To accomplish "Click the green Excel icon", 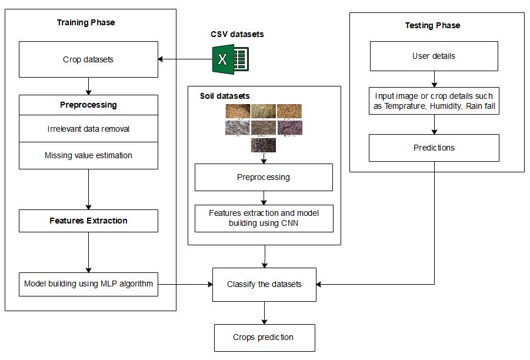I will click(229, 59).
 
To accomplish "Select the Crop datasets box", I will click(88, 59).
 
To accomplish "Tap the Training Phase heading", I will click(86, 22).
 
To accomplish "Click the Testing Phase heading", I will click(432, 25).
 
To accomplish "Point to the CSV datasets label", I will click(237, 34).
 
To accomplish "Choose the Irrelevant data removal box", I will click(88, 129).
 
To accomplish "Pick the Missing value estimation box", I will click(88, 155).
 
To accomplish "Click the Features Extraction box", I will click(88, 221).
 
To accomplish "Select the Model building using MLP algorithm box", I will click(88, 284).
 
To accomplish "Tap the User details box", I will click(434, 56).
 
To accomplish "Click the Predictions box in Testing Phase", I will click(434, 148).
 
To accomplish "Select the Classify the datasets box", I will click(264, 285).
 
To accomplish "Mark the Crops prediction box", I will click(264, 338).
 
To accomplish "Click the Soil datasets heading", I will click(225, 95).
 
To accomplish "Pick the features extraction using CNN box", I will click(264, 218).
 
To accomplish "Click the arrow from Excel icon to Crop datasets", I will click(185, 59).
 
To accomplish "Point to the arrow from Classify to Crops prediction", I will click(264, 312).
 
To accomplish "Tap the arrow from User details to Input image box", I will click(434, 79).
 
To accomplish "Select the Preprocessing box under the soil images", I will click(264, 177).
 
